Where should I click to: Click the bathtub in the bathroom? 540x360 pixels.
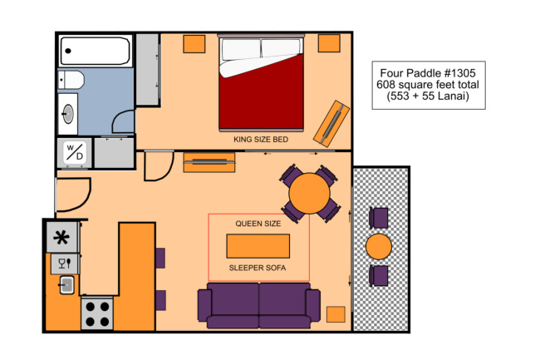pyautogui.click(x=95, y=51)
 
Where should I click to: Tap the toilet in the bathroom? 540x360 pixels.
pyautogui.click(x=71, y=80)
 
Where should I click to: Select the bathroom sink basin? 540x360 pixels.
pyautogui.click(x=68, y=114)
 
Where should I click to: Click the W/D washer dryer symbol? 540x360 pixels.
pyautogui.click(x=75, y=152)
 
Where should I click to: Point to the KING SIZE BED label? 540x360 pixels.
pyautogui.click(x=261, y=140)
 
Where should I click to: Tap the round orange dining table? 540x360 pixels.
pyautogui.click(x=309, y=193)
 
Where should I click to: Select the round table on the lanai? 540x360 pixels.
pyautogui.click(x=379, y=246)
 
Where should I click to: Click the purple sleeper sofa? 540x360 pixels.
pyautogui.click(x=259, y=305)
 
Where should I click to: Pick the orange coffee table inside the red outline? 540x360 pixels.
pyautogui.click(x=258, y=246)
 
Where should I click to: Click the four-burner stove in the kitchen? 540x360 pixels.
pyautogui.click(x=97, y=313)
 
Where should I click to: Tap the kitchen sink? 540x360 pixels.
pyautogui.click(x=66, y=285)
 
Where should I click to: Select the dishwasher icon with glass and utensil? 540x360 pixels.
pyautogui.click(x=65, y=264)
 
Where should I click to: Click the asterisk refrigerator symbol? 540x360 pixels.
pyautogui.click(x=62, y=237)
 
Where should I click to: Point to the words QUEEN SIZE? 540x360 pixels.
pyautogui.click(x=258, y=224)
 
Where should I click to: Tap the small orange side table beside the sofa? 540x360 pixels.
pyautogui.click(x=336, y=314)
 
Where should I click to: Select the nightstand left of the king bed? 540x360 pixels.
pyautogui.click(x=194, y=44)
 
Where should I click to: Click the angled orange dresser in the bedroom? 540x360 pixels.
pyautogui.click(x=331, y=123)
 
